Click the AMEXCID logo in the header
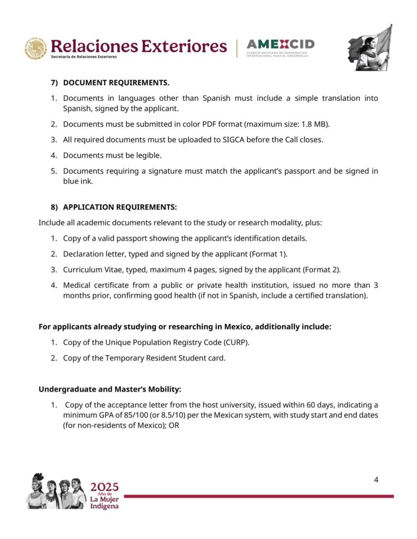click(x=280, y=47)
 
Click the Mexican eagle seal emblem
click(x=36, y=48)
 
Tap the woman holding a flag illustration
click(x=370, y=48)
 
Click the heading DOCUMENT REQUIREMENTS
click(x=116, y=83)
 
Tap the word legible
click(x=149, y=155)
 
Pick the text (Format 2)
click(x=321, y=269)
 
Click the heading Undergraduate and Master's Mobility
click(x=110, y=390)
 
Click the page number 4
click(x=376, y=480)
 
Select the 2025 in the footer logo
click(x=104, y=486)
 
